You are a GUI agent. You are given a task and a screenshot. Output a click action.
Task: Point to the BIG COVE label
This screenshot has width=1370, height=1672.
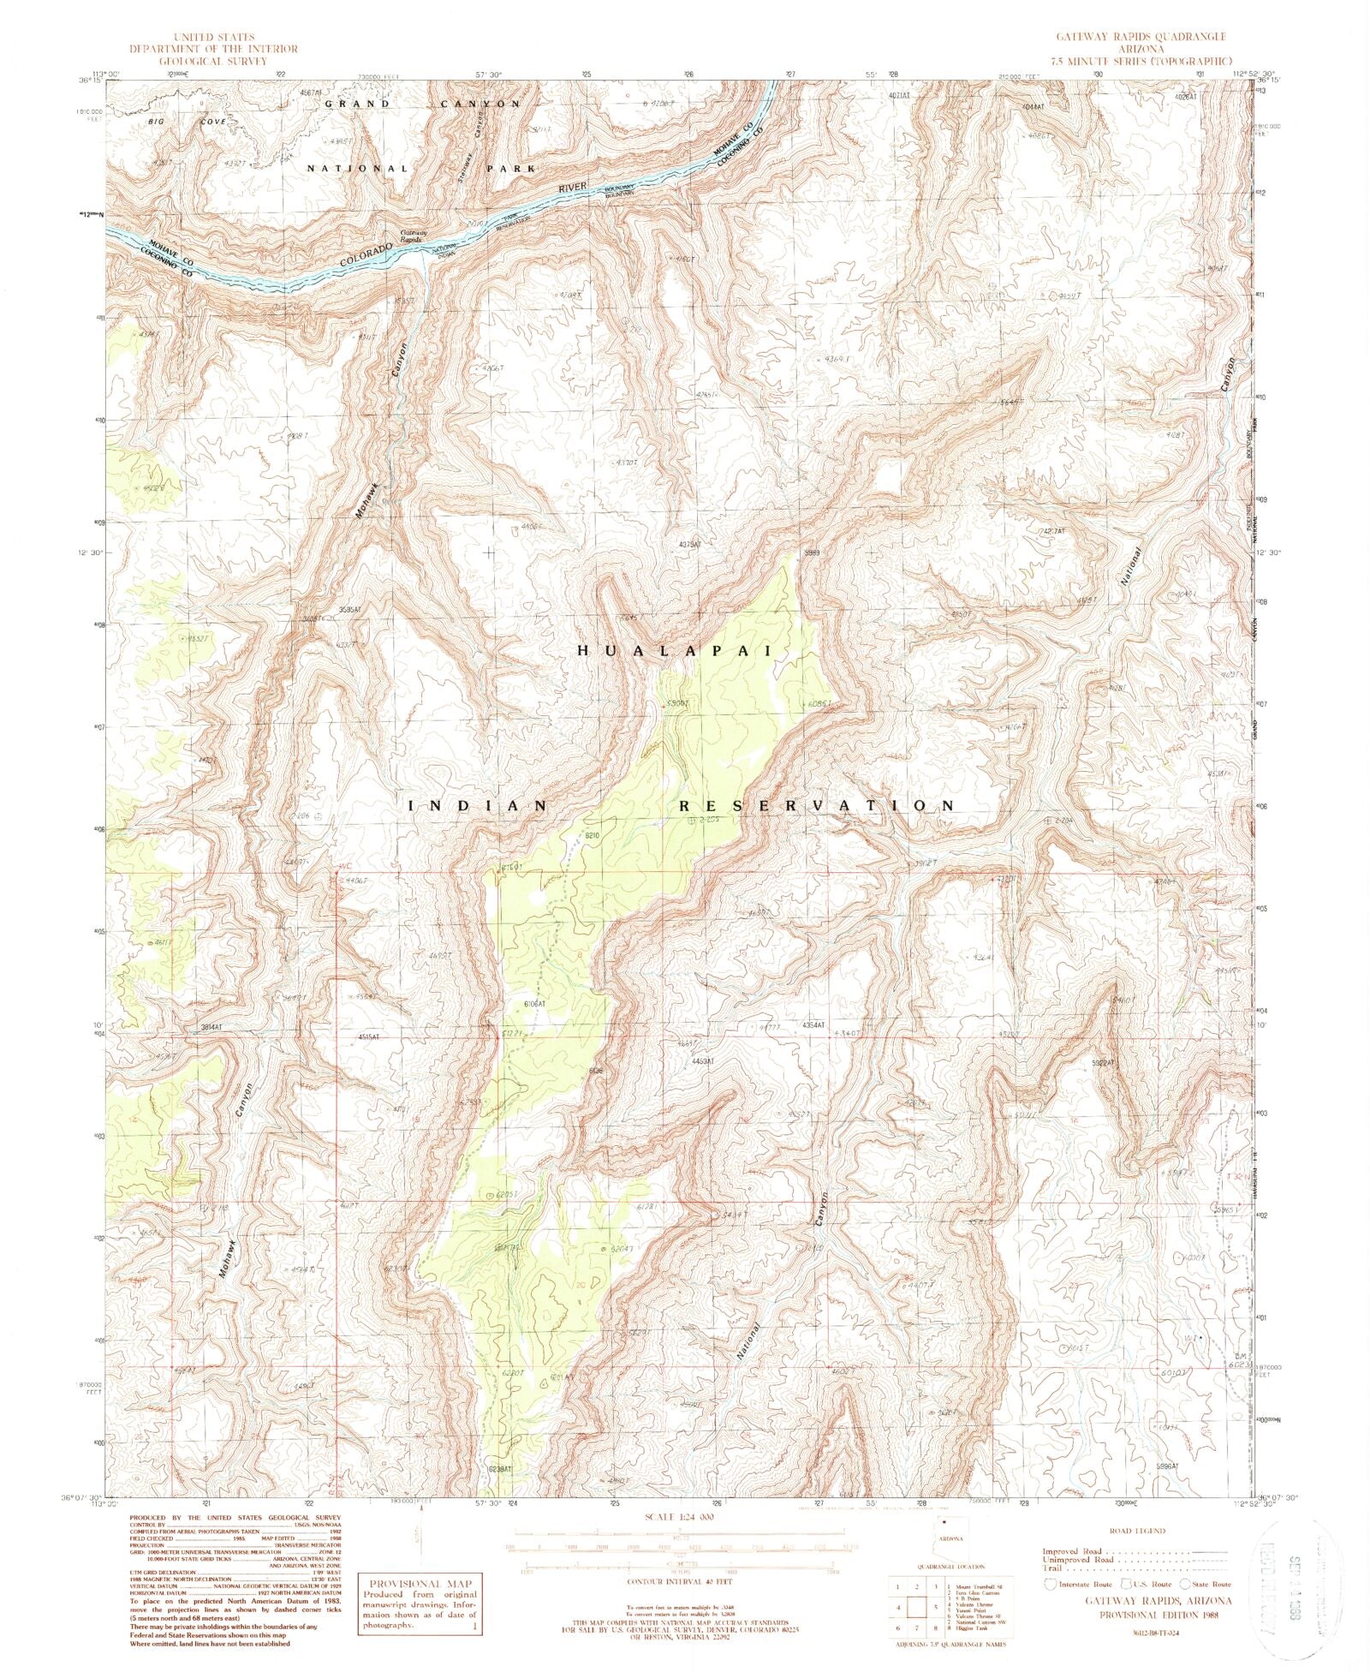click(x=187, y=122)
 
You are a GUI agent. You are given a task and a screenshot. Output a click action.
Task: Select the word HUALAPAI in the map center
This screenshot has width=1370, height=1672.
click(x=675, y=651)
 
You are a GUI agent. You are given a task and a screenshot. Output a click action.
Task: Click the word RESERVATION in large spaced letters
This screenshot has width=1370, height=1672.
click(x=816, y=806)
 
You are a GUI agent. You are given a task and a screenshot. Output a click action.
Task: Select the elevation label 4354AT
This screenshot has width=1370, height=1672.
click(x=813, y=1025)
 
